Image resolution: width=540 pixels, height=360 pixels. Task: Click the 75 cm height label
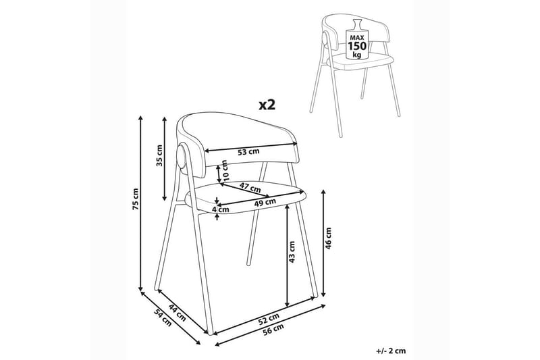tap(136, 199)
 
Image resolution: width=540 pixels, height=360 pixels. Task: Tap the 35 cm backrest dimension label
tap(159, 155)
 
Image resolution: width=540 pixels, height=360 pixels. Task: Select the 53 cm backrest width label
tap(248, 151)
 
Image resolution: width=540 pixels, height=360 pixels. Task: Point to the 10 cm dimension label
tap(225, 171)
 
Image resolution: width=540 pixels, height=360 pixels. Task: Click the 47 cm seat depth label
tap(250, 188)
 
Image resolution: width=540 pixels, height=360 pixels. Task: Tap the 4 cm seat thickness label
tap(221, 209)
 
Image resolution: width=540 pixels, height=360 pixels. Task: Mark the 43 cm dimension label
tap(292, 252)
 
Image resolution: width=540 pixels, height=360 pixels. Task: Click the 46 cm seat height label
tap(328, 238)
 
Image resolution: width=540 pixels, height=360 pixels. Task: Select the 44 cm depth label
tap(178, 313)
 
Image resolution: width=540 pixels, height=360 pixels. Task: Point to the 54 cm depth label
tap(163, 318)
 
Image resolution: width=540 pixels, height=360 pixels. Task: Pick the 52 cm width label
tap(269, 319)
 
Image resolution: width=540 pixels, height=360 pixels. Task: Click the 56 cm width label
tap(273, 329)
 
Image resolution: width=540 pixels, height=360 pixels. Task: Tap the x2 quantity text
tap(267, 105)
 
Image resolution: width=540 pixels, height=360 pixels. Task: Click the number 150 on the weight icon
tap(357, 46)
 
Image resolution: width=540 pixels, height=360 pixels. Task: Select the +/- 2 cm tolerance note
tap(391, 351)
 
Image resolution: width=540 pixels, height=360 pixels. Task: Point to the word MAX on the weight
tap(357, 37)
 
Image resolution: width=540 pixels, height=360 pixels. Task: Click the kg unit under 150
tap(357, 55)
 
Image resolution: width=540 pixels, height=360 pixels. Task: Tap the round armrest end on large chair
tap(182, 157)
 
